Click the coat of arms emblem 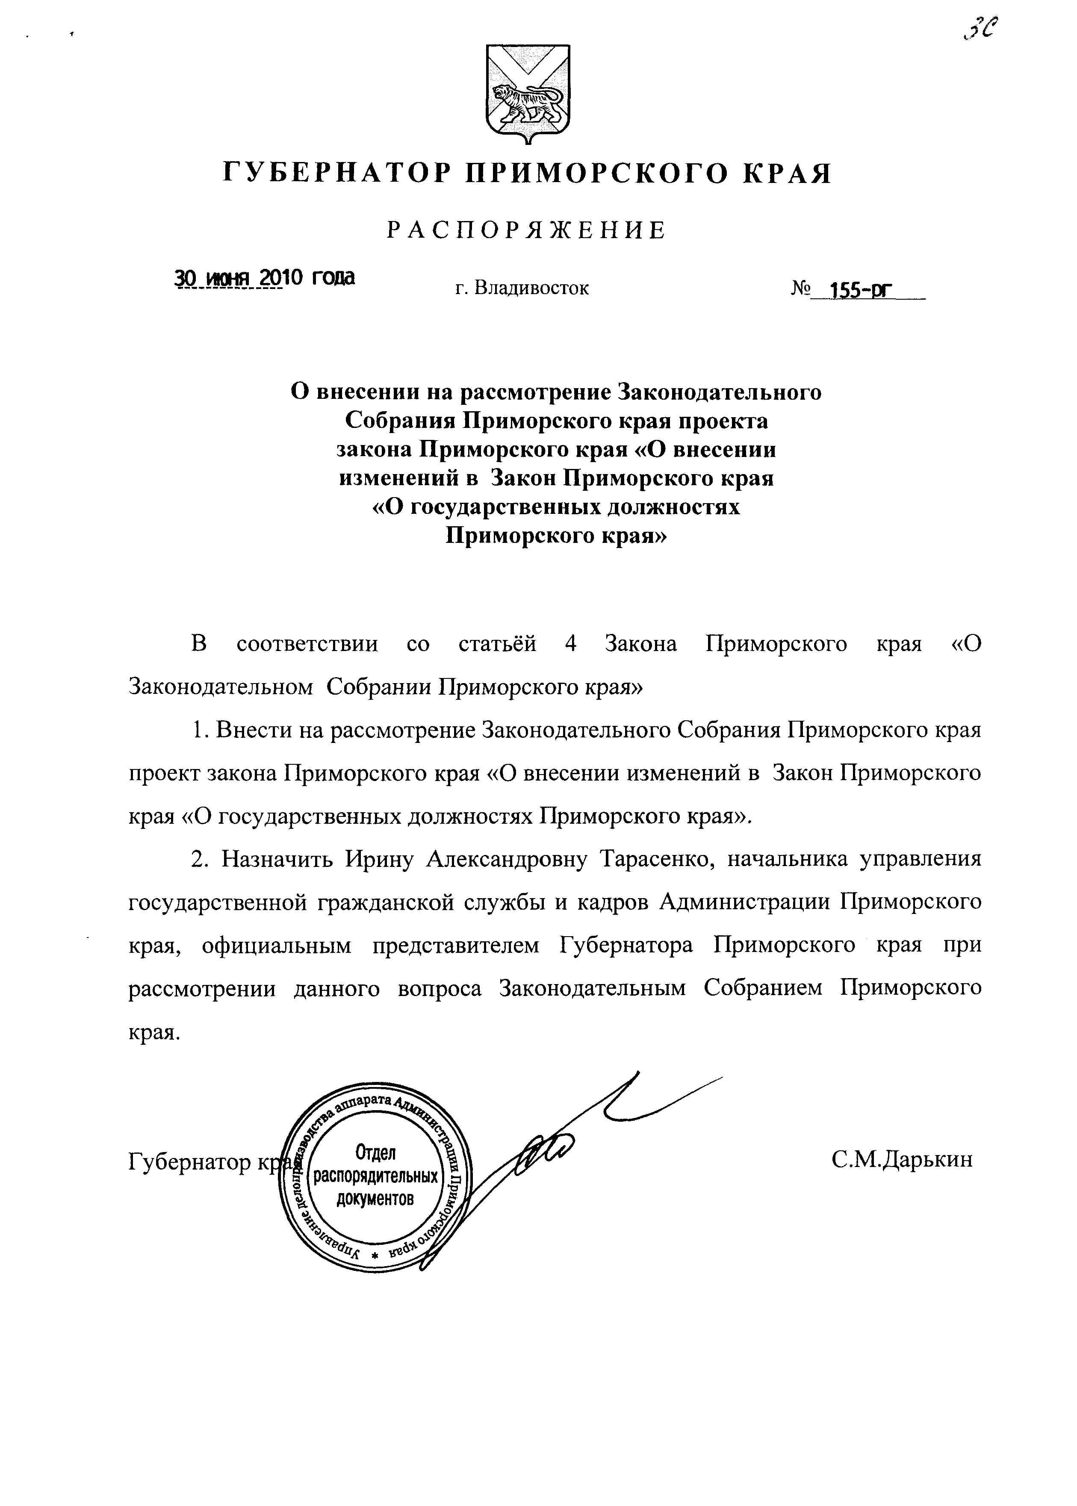(528, 94)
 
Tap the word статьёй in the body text (497, 644)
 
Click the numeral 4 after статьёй (570, 644)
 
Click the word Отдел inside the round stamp (375, 1152)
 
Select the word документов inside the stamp (375, 1198)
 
